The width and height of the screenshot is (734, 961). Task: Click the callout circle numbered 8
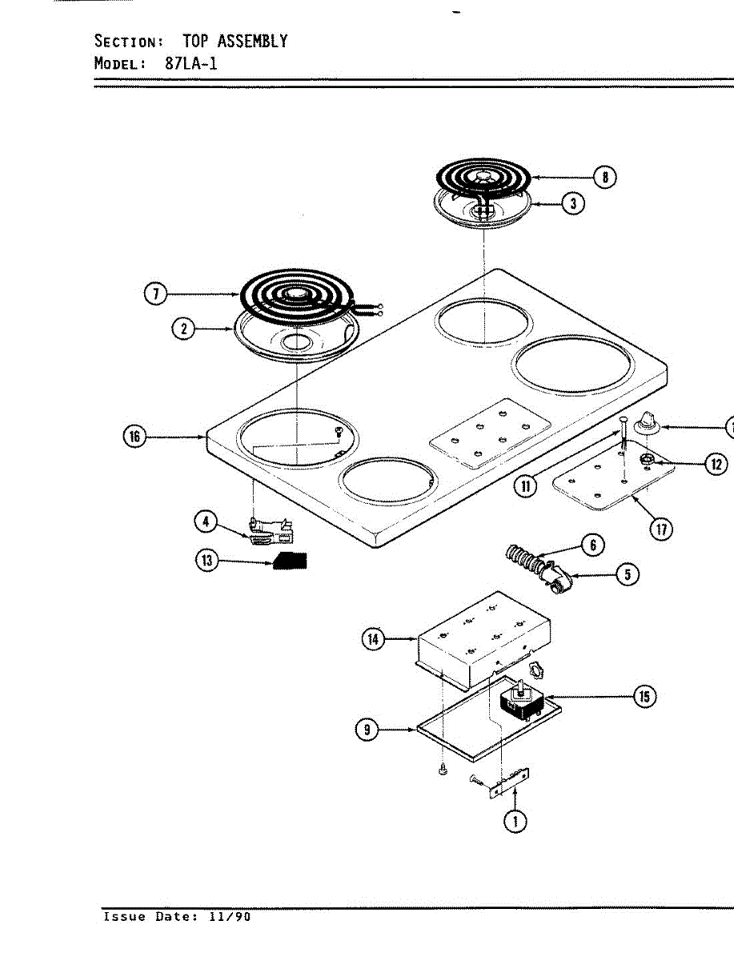(x=606, y=177)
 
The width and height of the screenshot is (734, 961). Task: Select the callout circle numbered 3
(x=572, y=203)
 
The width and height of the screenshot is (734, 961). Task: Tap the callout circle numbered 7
(x=154, y=294)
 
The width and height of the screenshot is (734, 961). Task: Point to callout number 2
(x=184, y=328)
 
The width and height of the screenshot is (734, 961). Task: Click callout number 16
(x=134, y=436)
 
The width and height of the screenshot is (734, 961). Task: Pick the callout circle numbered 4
(x=207, y=521)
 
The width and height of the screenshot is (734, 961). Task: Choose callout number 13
(x=207, y=561)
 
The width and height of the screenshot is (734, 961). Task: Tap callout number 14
(x=373, y=639)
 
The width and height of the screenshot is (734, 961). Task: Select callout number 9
(x=367, y=730)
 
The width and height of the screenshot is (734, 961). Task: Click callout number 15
(x=644, y=697)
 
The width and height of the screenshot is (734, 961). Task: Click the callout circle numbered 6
(x=592, y=545)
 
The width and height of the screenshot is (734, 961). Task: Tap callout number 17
(x=660, y=529)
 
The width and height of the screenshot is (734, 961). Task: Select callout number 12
(x=716, y=464)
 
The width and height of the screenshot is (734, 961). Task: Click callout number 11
(x=525, y=485)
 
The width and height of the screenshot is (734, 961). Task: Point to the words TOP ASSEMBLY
(x=235, y=41)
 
